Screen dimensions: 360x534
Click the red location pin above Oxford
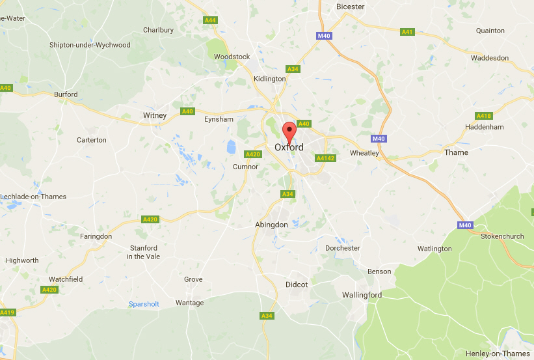pyautogui.click(x=289, y=129)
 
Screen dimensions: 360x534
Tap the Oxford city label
pyautogui.click(x=289, y=148)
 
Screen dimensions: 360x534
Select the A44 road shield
pyautogui.click(x=210, y=20)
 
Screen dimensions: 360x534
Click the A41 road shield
pyautogui.click(x=408, y=31)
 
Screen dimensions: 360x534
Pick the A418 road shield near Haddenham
pyautogui.click(x=484, y=116)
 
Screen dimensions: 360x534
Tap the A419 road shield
pyautogui.click(x=7, y=313)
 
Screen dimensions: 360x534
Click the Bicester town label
pyautogui.click(x=350, y=7)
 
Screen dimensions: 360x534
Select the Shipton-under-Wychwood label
pyautogui.click(x=90, y=45)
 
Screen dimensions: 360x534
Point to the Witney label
pyautogui.click(x=155, y=115)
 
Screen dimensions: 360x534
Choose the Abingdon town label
pyautogui.click(x=271, y=225)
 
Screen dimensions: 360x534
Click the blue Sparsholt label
pyautogui.click(x=144, y=304)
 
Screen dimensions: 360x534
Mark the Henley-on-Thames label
pyautogui.click(x=498, y=353)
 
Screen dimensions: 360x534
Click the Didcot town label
pyautogui.click(x=297, y=284)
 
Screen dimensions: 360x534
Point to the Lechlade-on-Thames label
pyautogui.click(x=33, y=197)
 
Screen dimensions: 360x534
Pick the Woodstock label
pyautogui.click(x=232, y=57)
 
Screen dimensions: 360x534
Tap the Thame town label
pyautogui.click(x=456, y=152)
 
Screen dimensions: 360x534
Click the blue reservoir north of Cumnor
pyautogui.click(x=231, y=146)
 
